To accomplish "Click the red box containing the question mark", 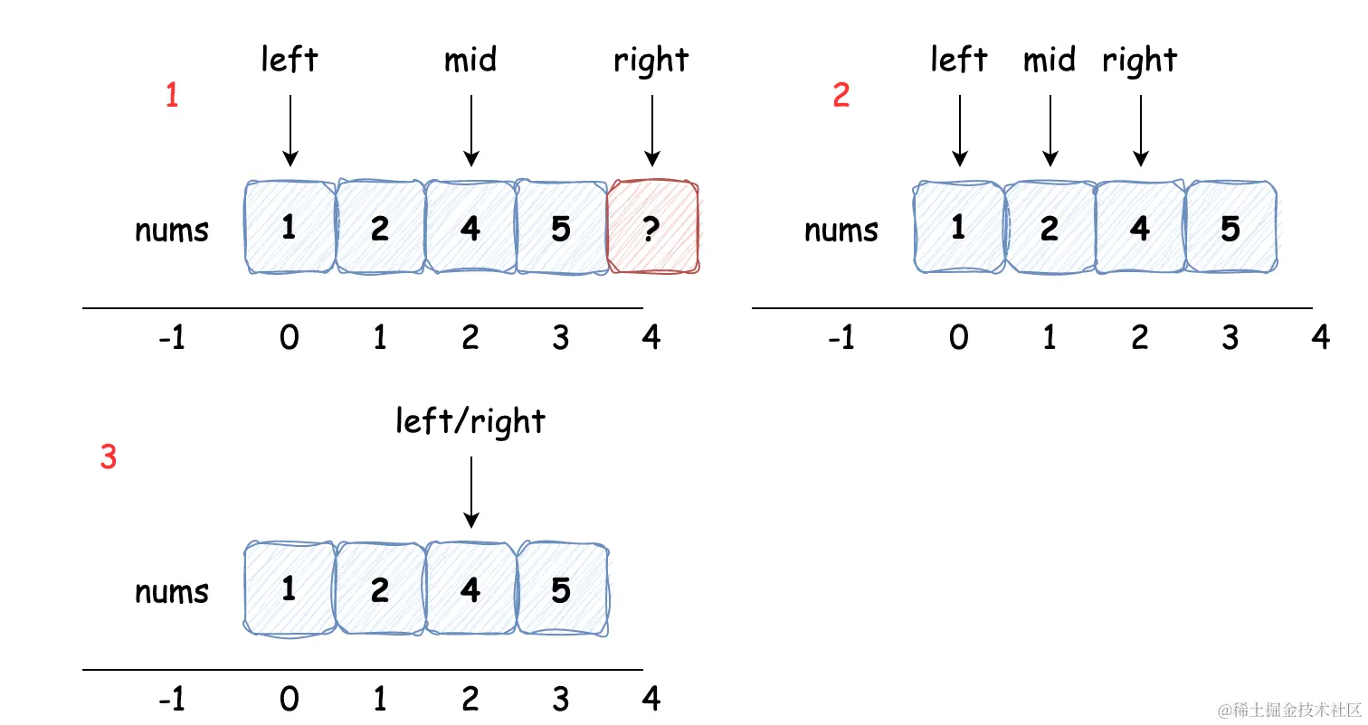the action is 653,227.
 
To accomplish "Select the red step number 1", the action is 172,95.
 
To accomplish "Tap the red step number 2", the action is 841,95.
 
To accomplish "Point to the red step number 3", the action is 109,457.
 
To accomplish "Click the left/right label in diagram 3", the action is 470,421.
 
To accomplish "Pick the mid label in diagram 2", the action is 1050,60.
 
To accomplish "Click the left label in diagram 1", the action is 290,59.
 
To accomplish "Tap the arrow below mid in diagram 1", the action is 470,130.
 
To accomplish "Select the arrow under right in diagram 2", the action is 1140,130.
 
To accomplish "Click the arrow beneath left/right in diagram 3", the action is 470,493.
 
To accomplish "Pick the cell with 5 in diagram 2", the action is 1231,227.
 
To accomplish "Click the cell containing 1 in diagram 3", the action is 290,588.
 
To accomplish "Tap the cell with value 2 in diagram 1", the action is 381,227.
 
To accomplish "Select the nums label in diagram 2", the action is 841,231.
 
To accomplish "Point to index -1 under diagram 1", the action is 172,337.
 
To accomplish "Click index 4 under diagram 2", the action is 1320,337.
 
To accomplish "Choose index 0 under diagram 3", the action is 290,699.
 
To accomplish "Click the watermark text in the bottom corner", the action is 1288,710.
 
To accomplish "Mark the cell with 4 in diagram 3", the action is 470,588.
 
